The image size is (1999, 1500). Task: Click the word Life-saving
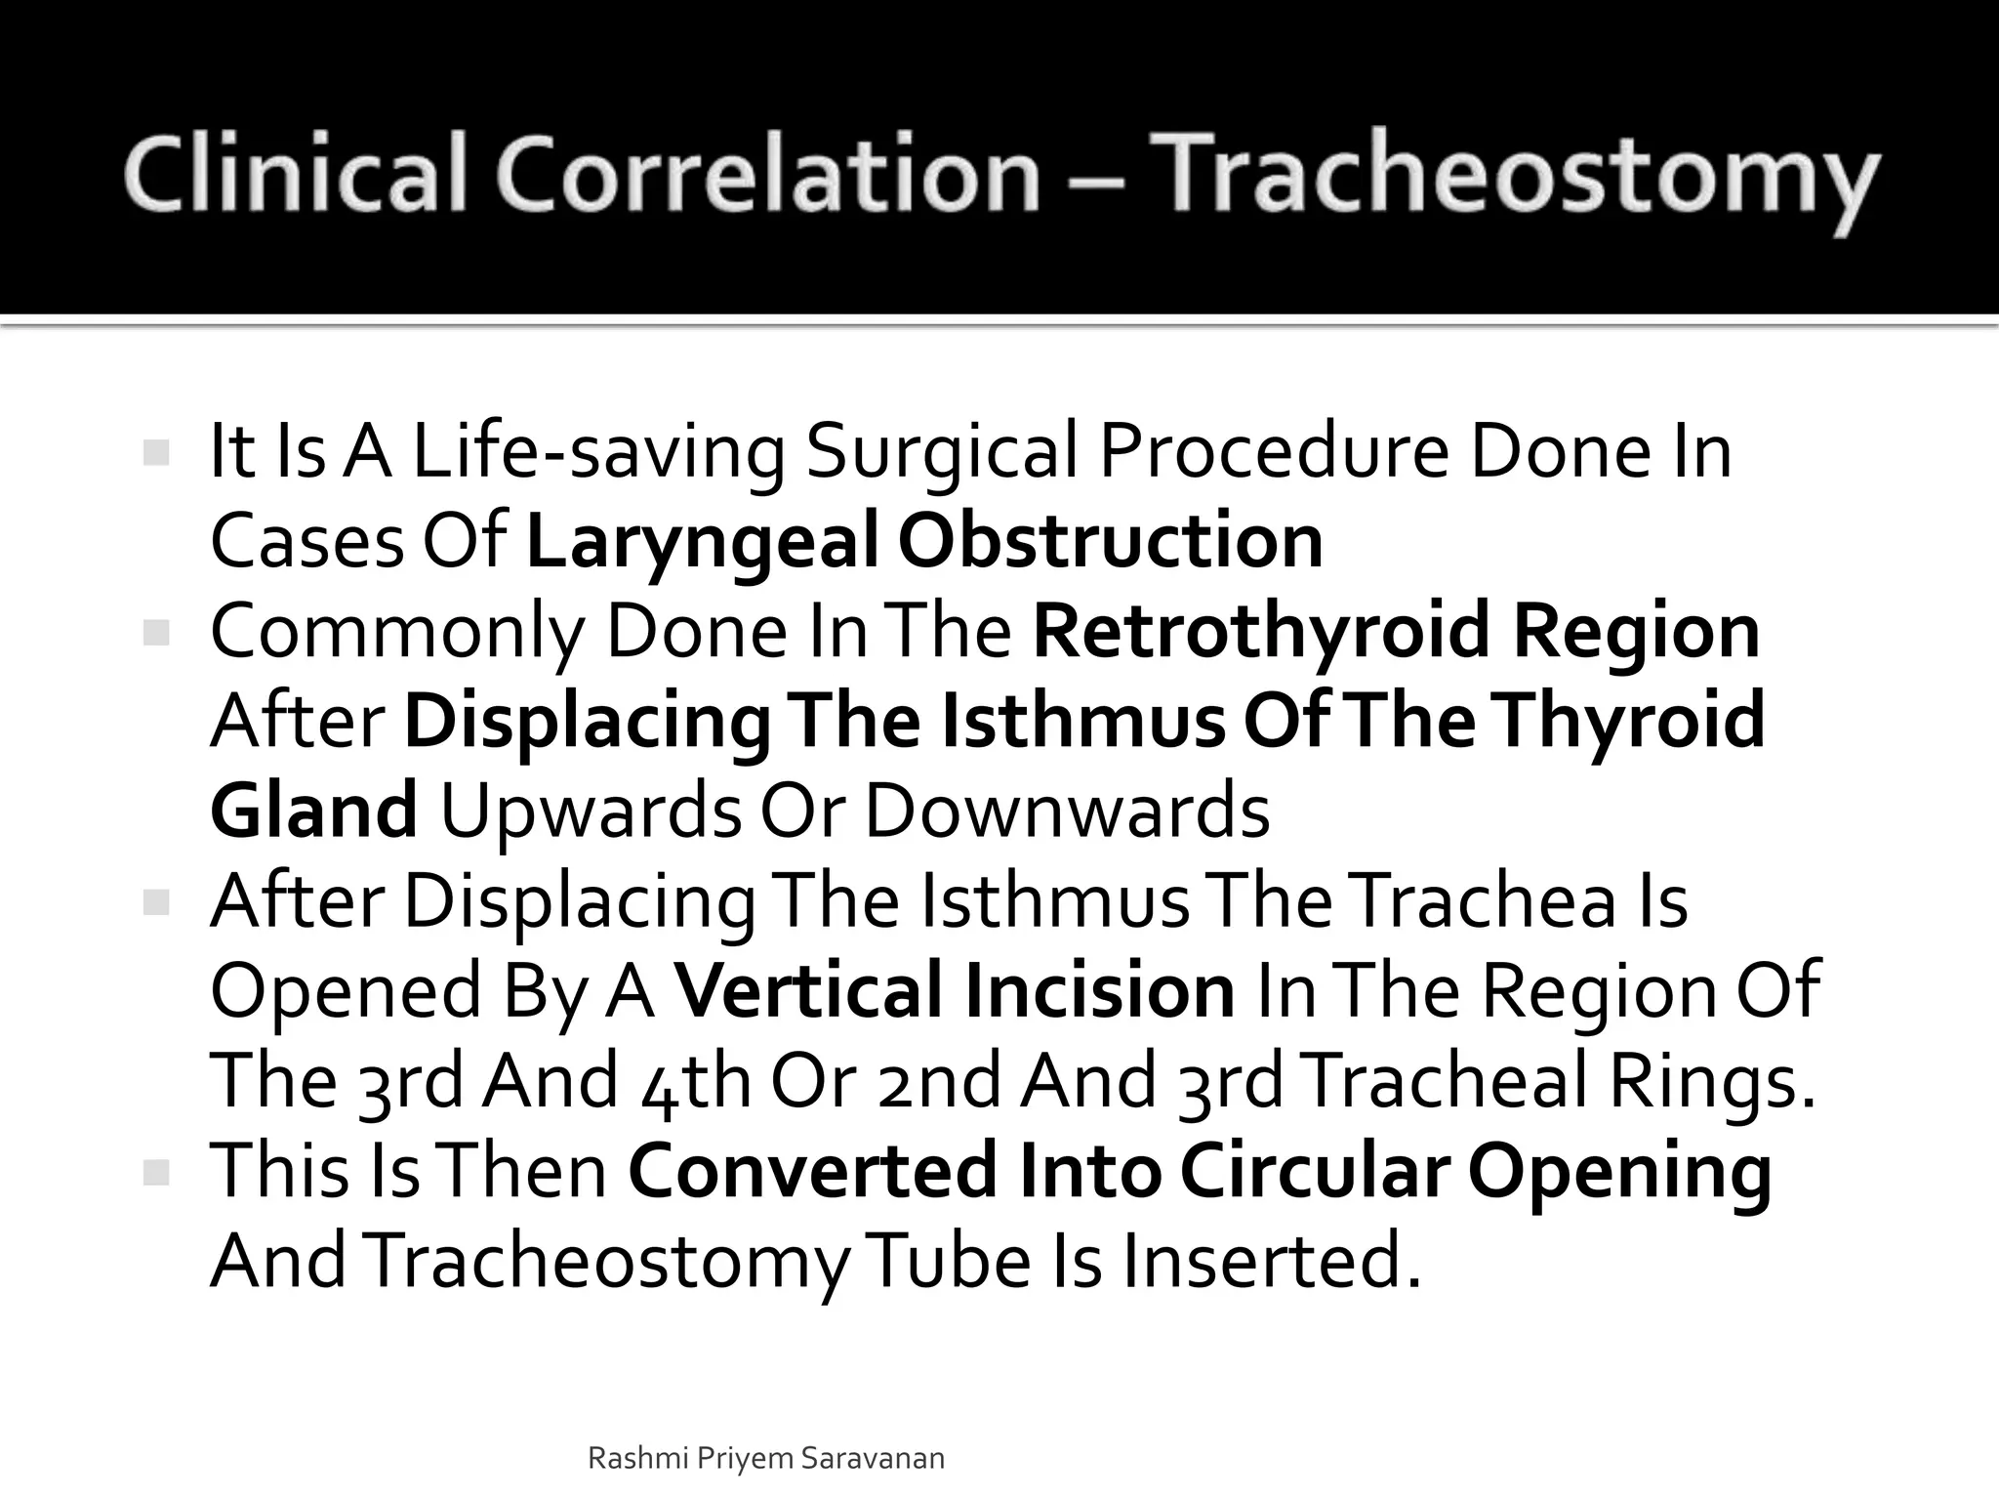tap(598, 453)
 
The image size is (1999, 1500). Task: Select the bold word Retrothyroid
tap(1261, 631)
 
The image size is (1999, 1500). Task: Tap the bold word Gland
tap(313, 812)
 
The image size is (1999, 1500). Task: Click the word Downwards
tap(1067, 812)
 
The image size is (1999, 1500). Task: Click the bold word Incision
tap(1100, 990)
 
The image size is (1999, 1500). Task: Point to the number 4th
tap(697, 1081)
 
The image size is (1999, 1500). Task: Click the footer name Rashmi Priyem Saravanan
tap(766, 1459)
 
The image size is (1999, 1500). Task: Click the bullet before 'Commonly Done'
tap(156, 634)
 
